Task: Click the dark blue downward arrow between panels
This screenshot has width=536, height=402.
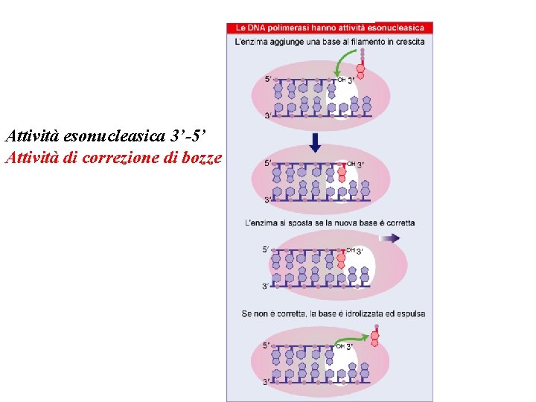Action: tap(315, 141)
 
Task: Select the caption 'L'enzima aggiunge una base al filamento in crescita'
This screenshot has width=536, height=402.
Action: tap(330, 42)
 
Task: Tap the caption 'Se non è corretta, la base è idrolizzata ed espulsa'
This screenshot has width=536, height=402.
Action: tap(333, 313)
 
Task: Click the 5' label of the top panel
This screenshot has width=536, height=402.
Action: tap(269, 78)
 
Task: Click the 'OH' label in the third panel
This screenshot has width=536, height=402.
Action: tap(350, 250)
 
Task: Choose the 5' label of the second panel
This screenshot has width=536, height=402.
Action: tap(269, 163)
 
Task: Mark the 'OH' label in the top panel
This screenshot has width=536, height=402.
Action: tap(342, 80)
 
